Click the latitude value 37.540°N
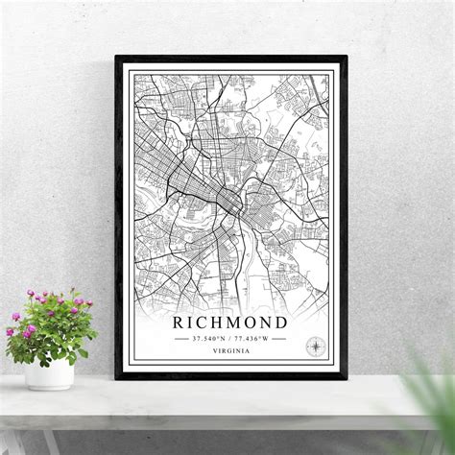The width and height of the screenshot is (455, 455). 208,338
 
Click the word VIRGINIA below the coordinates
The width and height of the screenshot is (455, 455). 230,352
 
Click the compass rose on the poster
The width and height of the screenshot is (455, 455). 314,346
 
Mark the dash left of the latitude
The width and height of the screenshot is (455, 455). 181,338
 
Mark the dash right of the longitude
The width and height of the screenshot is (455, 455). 279,338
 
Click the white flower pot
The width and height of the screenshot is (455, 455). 49,372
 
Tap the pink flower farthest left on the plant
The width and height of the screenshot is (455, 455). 11,331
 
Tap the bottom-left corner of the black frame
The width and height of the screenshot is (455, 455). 117,377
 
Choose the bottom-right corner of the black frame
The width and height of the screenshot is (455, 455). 346,377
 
